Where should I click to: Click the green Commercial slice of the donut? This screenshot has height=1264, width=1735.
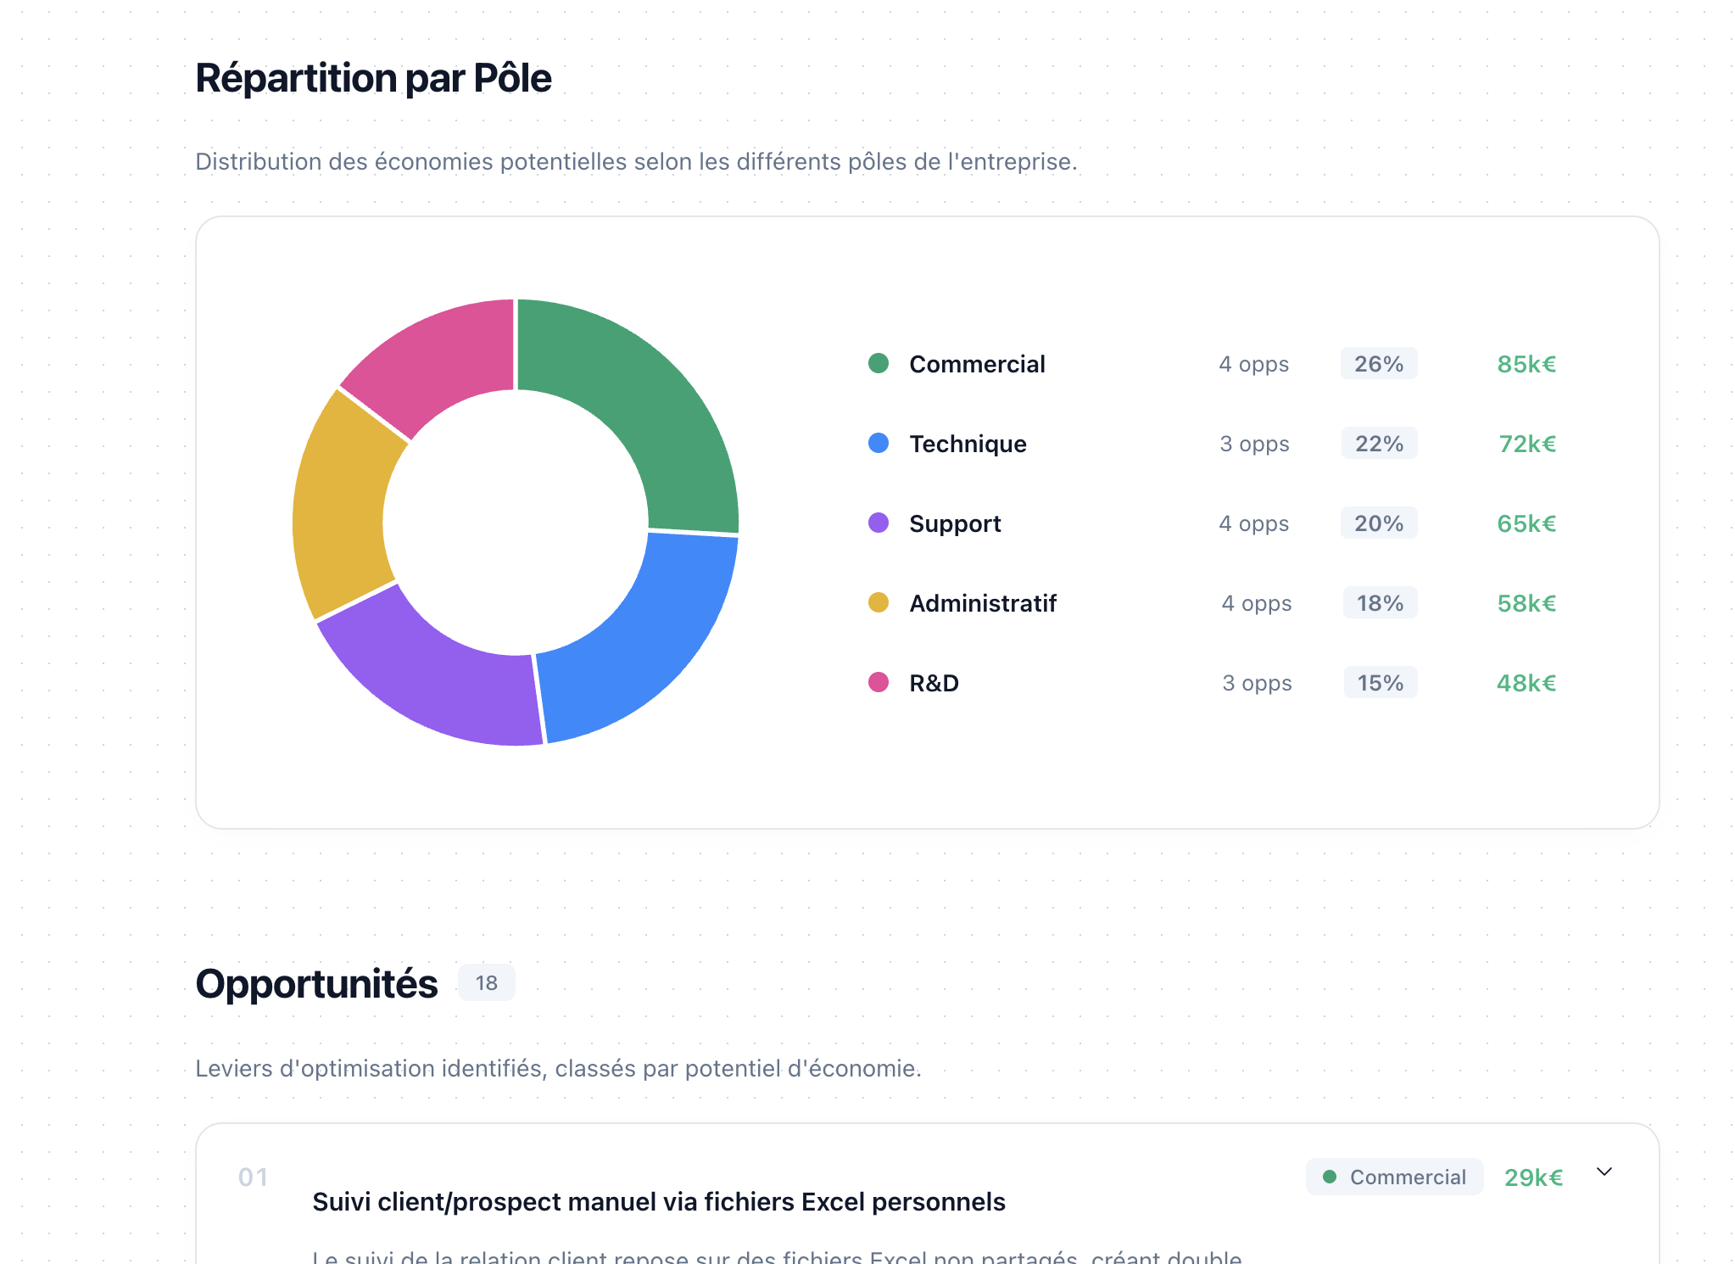click(644, 399)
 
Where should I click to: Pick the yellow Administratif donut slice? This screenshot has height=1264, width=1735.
click(339, 509)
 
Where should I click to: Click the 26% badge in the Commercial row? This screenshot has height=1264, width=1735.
click(1378, 364)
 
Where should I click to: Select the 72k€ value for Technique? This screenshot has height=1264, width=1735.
click(1526, 444)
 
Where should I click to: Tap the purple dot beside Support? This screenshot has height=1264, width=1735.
click(879, 523)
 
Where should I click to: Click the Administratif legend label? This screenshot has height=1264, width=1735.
click(982, 603)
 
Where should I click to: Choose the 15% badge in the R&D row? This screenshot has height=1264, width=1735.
click(1380, 683)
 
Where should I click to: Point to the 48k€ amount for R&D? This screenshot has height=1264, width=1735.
click(1526, 683)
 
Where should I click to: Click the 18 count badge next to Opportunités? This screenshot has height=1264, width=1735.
click(486, 982)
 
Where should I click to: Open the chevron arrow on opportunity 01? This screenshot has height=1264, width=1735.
click(1604, 1172)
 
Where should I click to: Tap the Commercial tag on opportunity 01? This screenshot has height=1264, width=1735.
click(1394, 1177)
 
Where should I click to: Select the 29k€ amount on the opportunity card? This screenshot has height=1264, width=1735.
click(1533, 1177)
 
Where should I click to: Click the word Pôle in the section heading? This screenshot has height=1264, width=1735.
click(512, 78)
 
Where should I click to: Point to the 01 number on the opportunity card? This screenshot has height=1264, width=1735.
click(253, 1177)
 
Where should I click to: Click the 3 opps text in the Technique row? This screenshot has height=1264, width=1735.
click(1254, 444)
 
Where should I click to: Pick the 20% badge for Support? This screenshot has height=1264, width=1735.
click(1378, 523)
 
